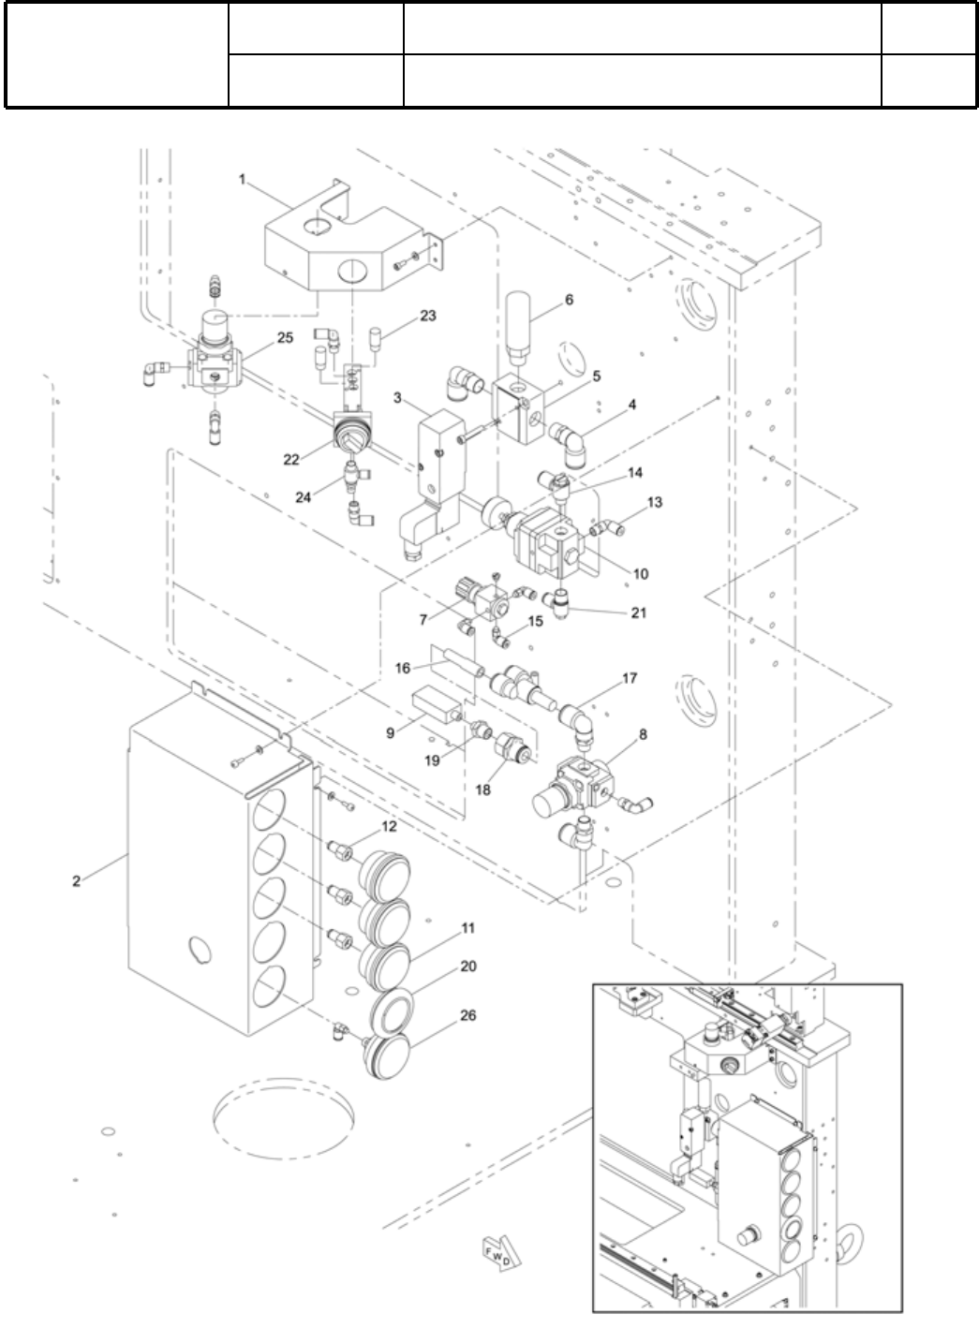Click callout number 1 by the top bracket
click(x=243, y=178)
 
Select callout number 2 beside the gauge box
click(x=76, y=880)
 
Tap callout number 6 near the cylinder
click(x=569, y=301)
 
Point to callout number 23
click(x=427, y=316)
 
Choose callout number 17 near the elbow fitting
click(x=629, y=677)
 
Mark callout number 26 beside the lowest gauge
click(x=468, y=1015)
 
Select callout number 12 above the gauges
click(x=389, y=826)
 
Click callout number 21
click(x=638, y=612)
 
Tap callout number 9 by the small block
click(x=391, y=733)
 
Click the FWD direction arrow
click(x=496, y=1254)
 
